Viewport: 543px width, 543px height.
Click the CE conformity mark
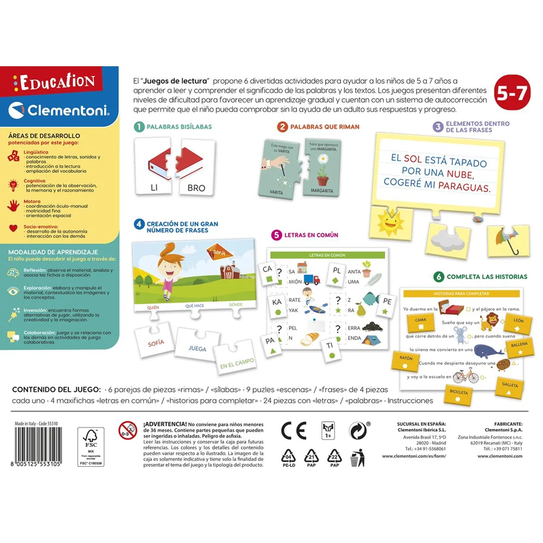(x=294, y=430)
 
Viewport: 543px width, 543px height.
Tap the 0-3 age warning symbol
(x=128, y=430)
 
